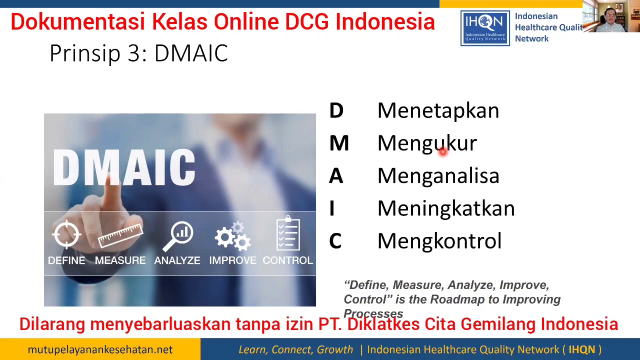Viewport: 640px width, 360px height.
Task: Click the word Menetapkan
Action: tap(438, 111)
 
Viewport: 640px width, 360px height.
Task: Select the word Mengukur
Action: tap(427, 143)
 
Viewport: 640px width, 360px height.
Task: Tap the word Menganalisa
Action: tap(438, 176)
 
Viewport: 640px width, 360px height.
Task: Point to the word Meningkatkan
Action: tap(445, 208)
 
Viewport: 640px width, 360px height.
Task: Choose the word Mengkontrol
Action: tap(439, 241)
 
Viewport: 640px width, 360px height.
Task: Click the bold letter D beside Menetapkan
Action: tap(336, 111)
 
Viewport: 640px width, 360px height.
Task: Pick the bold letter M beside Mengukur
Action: tap(339, 143)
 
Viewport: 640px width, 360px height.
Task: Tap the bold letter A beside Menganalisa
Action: tap(336, 176)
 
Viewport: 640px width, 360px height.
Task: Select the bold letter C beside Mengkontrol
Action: tap(335, 241)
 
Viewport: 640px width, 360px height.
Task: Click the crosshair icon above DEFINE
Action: tap(66, 234)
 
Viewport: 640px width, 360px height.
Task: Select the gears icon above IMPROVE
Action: tap(233, 236)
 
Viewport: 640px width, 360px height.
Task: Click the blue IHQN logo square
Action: tap(485, 28)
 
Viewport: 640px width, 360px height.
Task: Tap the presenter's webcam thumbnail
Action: tap(611, 17)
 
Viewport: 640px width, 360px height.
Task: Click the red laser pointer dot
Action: tap(442, 152)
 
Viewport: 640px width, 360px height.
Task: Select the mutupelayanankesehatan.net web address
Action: tap(100, 349)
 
